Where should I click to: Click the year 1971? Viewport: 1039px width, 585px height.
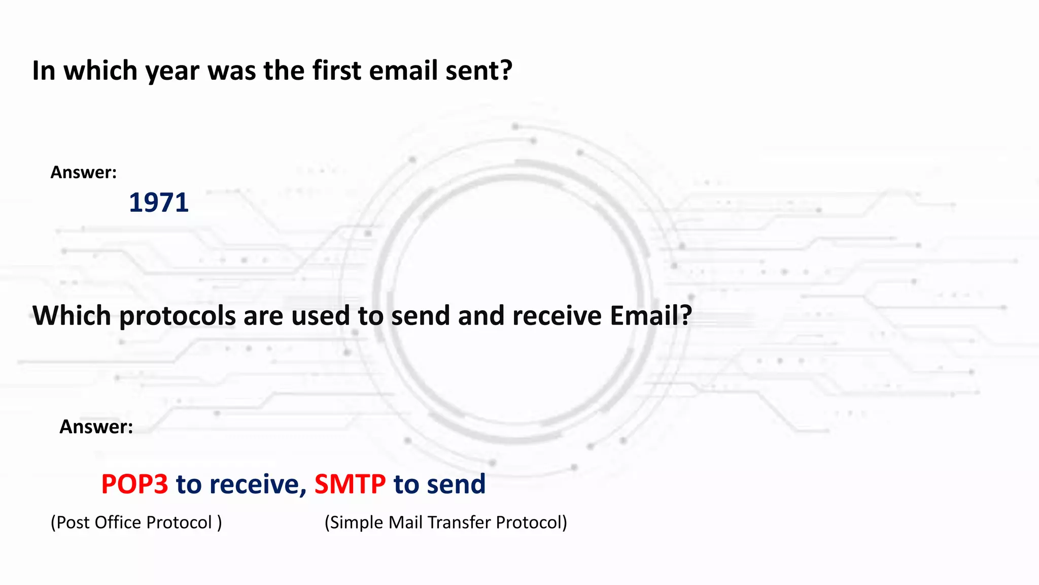tap(158, 203)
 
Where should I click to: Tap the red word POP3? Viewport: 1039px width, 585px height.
tap(134, 484)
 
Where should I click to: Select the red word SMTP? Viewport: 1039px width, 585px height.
tap(350, 484)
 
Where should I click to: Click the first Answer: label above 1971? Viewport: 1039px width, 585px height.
tap(84, 173)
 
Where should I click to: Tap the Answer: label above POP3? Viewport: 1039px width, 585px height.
tap(96, 427)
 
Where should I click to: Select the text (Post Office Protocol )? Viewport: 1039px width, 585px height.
tap(136, 523)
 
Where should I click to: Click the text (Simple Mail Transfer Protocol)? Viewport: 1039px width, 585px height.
tap(445, 523)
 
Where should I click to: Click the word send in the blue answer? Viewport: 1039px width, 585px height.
tap(456, 484)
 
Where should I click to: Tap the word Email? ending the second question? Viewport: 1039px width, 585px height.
tap(651, 315)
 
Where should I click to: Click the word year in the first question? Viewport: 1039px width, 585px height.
tap(172, 71)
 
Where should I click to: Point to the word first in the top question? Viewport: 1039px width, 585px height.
tap(337, 70)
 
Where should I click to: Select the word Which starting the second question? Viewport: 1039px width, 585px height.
tap(72, 315)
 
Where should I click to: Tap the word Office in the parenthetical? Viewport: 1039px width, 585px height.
tap(118, 523)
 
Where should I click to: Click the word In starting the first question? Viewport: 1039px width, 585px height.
tap(44, 70)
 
